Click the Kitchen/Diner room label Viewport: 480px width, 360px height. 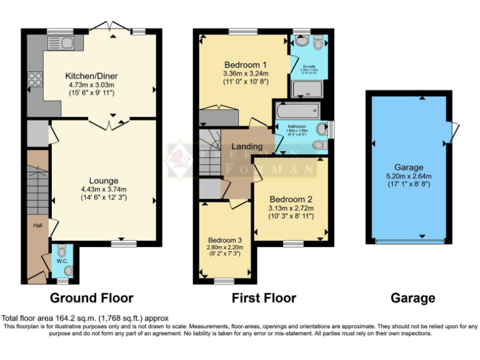(92, 76)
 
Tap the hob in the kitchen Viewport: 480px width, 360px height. (35, 80)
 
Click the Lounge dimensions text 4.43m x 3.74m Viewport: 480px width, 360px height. (104, 190)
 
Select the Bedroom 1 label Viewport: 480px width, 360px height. (246, 64)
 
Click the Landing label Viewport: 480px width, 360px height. (247, 146)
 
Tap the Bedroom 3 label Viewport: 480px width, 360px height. (225, 239)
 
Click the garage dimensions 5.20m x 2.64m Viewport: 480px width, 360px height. (409, 176)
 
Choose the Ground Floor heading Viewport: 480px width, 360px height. (91, 298)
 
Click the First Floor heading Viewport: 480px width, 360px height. (264, 298)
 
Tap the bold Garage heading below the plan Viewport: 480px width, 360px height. (412, 298)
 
